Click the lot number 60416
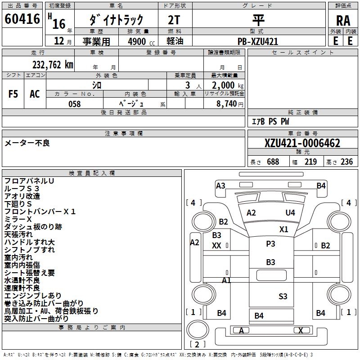pyautogui.click(x=22, y=19)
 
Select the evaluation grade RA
pyautogui.click(x=343, y=20)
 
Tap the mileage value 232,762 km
pyautogui.click(x=53, y=65)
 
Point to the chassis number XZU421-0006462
pyautogui.click(x=302, y=144)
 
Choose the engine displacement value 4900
pyautogui.click(x=137, y=41)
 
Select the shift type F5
pyautogui.click(x=13, y=94)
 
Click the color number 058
pyautogui.click(x=75, y=104)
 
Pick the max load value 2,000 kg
pyautogui.click(x=225, y=85)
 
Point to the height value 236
pyautogui.click(x=347, y=162)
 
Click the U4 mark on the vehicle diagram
pyautogui.click(x=290, y=212)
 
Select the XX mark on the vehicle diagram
pyautogui.click(x=216, y=246)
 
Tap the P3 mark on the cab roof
pyautogui.click(x=270, y=243)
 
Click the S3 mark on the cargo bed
pyautogui.click(x=283, y=296)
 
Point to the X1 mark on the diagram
pyautogui.click(x=283, y=229)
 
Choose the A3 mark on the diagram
pyautogui.click(x=220, y=185)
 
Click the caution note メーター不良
pyautogui.click(x=27, y=143)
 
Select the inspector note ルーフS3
pyautogui.click(x=22, y=189)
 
